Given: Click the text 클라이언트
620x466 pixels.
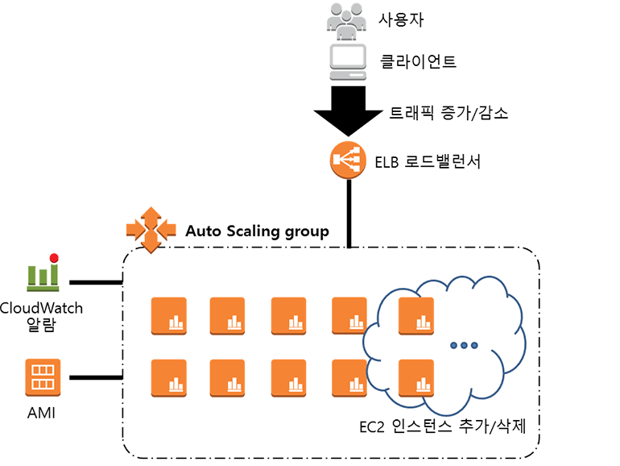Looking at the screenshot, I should click(418, 61).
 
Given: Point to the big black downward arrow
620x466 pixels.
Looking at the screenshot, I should click(349, 110).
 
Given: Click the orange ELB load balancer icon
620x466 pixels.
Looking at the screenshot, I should click(348, 160).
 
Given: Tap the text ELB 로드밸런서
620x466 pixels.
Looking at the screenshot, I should click(428, 161).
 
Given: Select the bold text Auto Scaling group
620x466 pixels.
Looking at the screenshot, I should click(257, 231).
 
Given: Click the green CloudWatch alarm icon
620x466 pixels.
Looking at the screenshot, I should click(43, 274).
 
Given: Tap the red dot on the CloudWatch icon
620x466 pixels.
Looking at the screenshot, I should click(54, 258).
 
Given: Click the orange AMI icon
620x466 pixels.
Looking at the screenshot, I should click(43, 377).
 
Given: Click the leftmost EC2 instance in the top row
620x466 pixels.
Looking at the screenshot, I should click(168, 315).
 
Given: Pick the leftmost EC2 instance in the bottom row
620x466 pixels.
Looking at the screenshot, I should click(168, 377).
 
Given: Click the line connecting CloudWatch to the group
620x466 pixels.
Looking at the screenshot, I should click(95, 283).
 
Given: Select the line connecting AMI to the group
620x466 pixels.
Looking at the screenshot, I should click(95, 377).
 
